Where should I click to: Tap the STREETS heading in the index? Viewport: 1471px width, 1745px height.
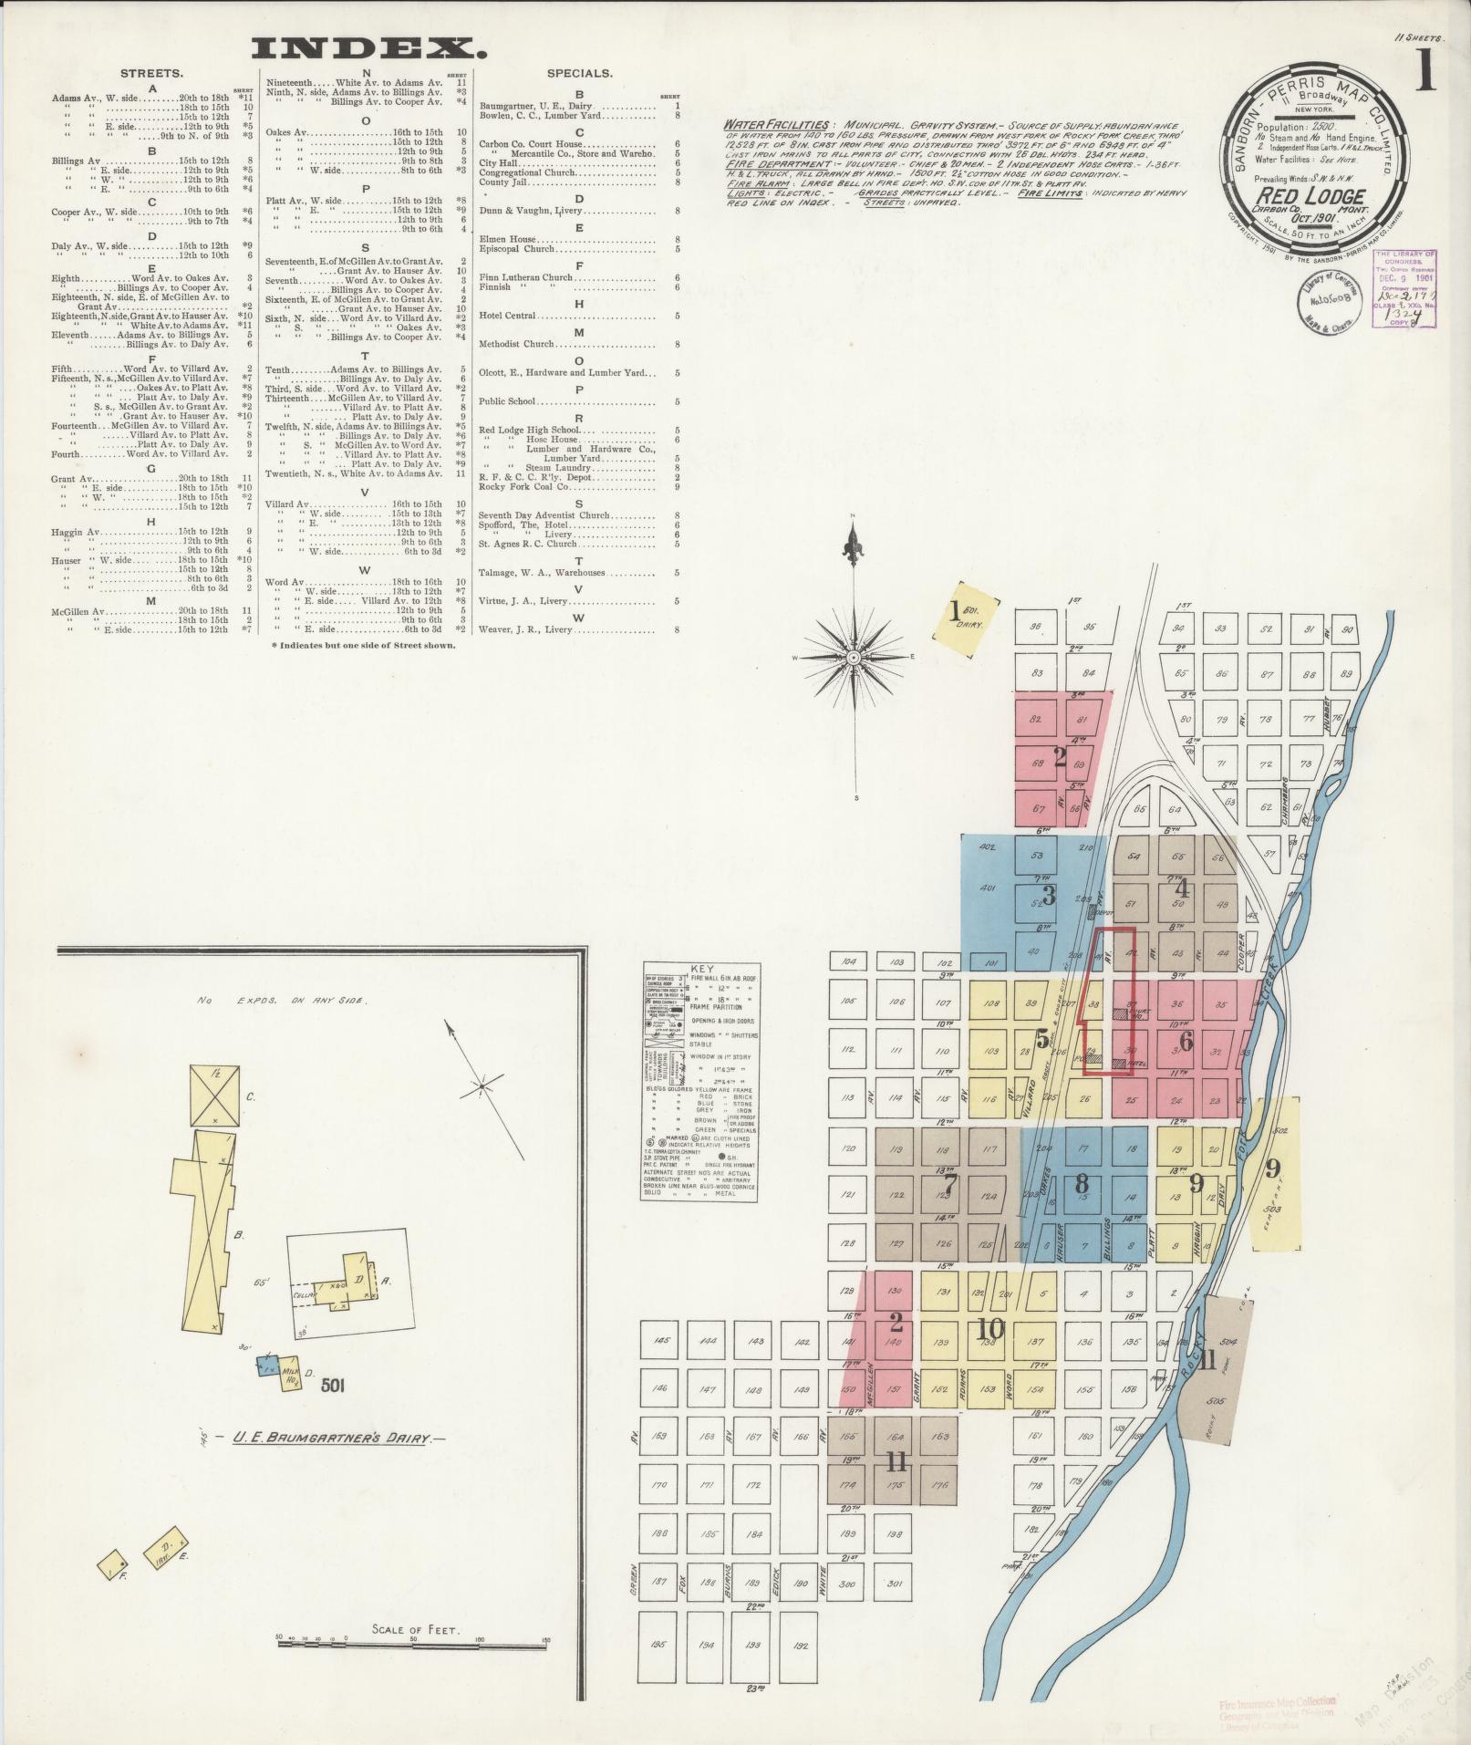click(151, 73)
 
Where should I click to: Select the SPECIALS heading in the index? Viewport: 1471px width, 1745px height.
click(579, 73)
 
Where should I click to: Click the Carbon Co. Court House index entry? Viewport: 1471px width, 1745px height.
click(540, 143)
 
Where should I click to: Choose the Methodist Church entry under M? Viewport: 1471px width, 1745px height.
click(517, 344)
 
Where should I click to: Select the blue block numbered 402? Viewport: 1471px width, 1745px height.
click(986, 847)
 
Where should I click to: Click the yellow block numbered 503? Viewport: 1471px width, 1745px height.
click(1273, 1210)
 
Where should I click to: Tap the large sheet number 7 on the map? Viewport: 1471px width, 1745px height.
click(949, 1184)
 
